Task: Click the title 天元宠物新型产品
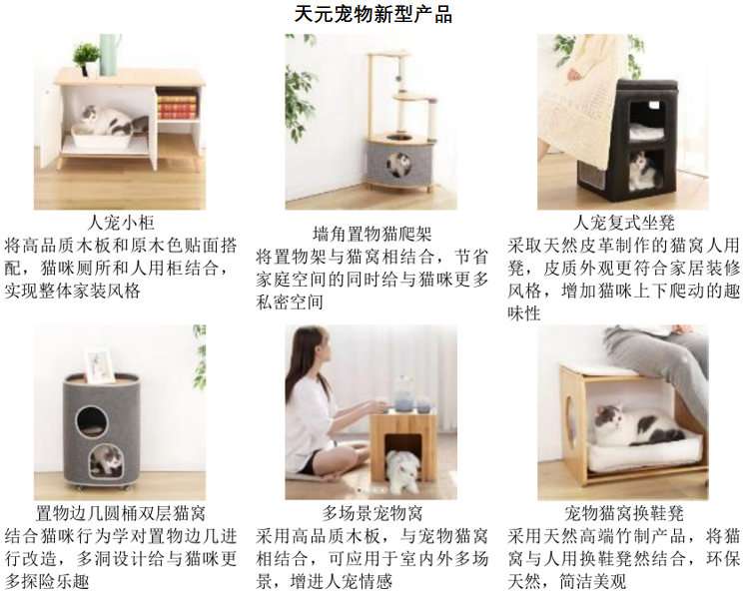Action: [x=372, y=14]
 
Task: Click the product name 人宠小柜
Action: [x=121, y=223]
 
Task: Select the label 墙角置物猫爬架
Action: [x=372, y=234]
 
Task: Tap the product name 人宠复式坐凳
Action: [x=623, y=223]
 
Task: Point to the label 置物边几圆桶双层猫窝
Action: [x=121, y=513]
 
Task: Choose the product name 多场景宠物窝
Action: [x=372, y=513]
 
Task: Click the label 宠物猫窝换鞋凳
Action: [x=623, y=513]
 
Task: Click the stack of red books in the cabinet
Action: [x=177, y=106]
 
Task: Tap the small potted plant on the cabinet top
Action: [x=86, y=59]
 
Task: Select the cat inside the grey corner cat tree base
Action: [x=398, y=164]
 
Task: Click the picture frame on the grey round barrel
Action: [x=100, y=364]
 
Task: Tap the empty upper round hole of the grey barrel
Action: [x=92, y=420]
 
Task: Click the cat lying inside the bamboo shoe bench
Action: [x=635, y=425]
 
